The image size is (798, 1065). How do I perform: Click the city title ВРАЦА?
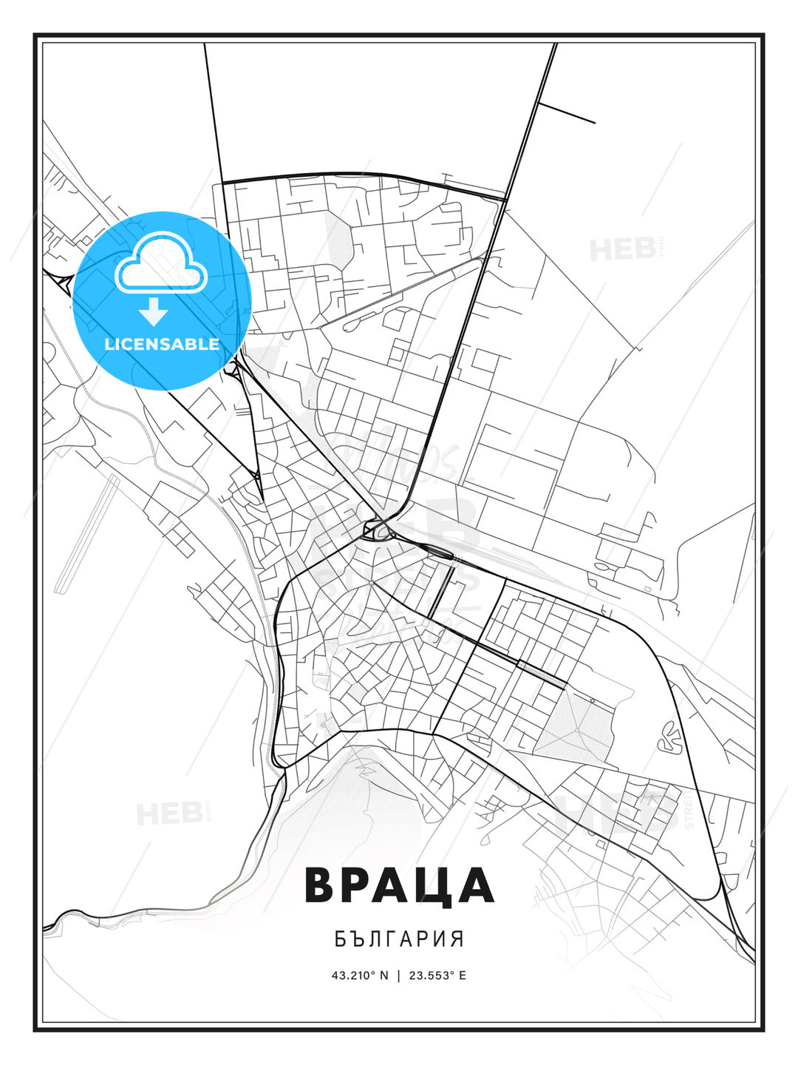pyautogui.click(x=399, y=885)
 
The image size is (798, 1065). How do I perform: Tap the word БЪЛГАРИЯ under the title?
pyautogui.click(x=399, y=939)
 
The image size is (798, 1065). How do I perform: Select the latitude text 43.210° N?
pyautogui.click(x=360, y=976)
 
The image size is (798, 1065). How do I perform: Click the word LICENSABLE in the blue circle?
pyautogui.click(x=162, y=345)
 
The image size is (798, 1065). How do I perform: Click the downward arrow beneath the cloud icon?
pyautogui.click(x=154, y=312)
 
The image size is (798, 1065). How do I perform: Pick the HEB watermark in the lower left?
pyautogui.click(x=170, y=814)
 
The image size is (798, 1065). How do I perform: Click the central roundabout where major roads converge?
pyautogui.click(x=377, y=529)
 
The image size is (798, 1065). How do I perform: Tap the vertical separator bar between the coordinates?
pyautogui.click(x=399, y=976)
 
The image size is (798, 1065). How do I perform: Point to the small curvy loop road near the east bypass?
pyautogui.click(x=669, y=737)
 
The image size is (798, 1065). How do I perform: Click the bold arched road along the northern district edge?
pyautogui.click(x=362, y=176)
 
